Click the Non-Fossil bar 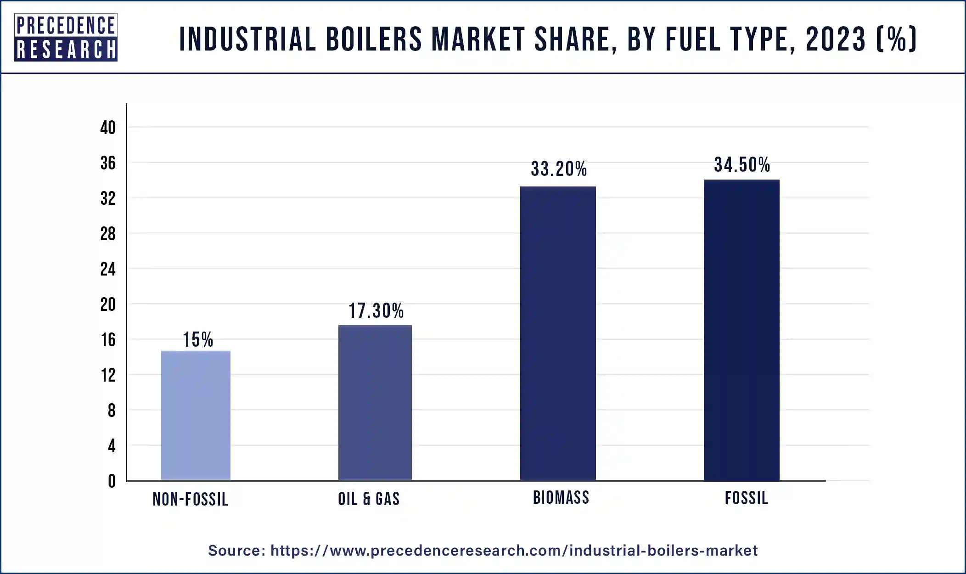[x=196, y=416]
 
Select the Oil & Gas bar [x=375, y=403]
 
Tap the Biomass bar [x=558, y=333]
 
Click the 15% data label [x=198, y=340]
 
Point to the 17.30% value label [x=376, y=311]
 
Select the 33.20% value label [x=559, y=169]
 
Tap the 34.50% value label [x=742, y=165]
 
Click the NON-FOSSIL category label [x=190, y=499]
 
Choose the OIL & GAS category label [x=369, y=499]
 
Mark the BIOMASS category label [x=561, y=498]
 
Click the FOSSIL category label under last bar [x=746, y=498]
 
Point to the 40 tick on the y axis [x=108, y=128]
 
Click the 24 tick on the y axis [x=108, y=269]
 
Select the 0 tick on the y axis [x=112, y=481]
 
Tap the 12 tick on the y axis [x=108, y=375]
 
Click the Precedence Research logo [x=66, y=37]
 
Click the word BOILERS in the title [x=374, y=39]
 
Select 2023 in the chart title [x=836, y=39]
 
